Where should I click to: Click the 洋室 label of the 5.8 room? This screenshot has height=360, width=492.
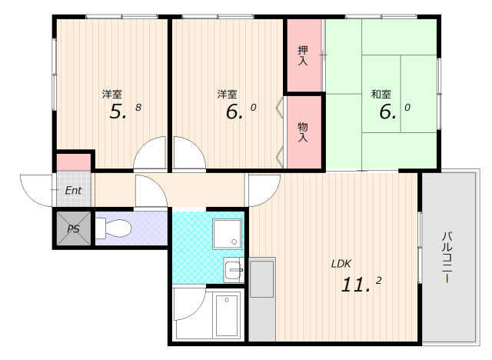pos(112,94)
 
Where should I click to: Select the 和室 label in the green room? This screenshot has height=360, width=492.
pos(381,94)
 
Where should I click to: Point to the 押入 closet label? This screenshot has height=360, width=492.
pos(303,56)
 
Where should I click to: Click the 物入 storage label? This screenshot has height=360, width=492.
pos(303,132)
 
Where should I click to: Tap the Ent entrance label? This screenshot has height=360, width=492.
pos(74,190)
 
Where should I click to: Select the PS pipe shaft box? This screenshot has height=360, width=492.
pos(73,228)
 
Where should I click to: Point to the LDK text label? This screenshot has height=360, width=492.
pos(341,264)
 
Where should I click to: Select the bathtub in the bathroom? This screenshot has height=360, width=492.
pos(228,315)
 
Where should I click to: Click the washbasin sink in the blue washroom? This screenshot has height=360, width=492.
pos(234,270)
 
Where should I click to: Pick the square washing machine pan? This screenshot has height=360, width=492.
pos(228,234)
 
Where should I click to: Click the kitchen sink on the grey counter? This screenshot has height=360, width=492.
pos(262,278)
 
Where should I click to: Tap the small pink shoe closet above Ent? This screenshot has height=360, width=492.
pos(74,162)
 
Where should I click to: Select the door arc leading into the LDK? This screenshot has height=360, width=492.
pos(259,191)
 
